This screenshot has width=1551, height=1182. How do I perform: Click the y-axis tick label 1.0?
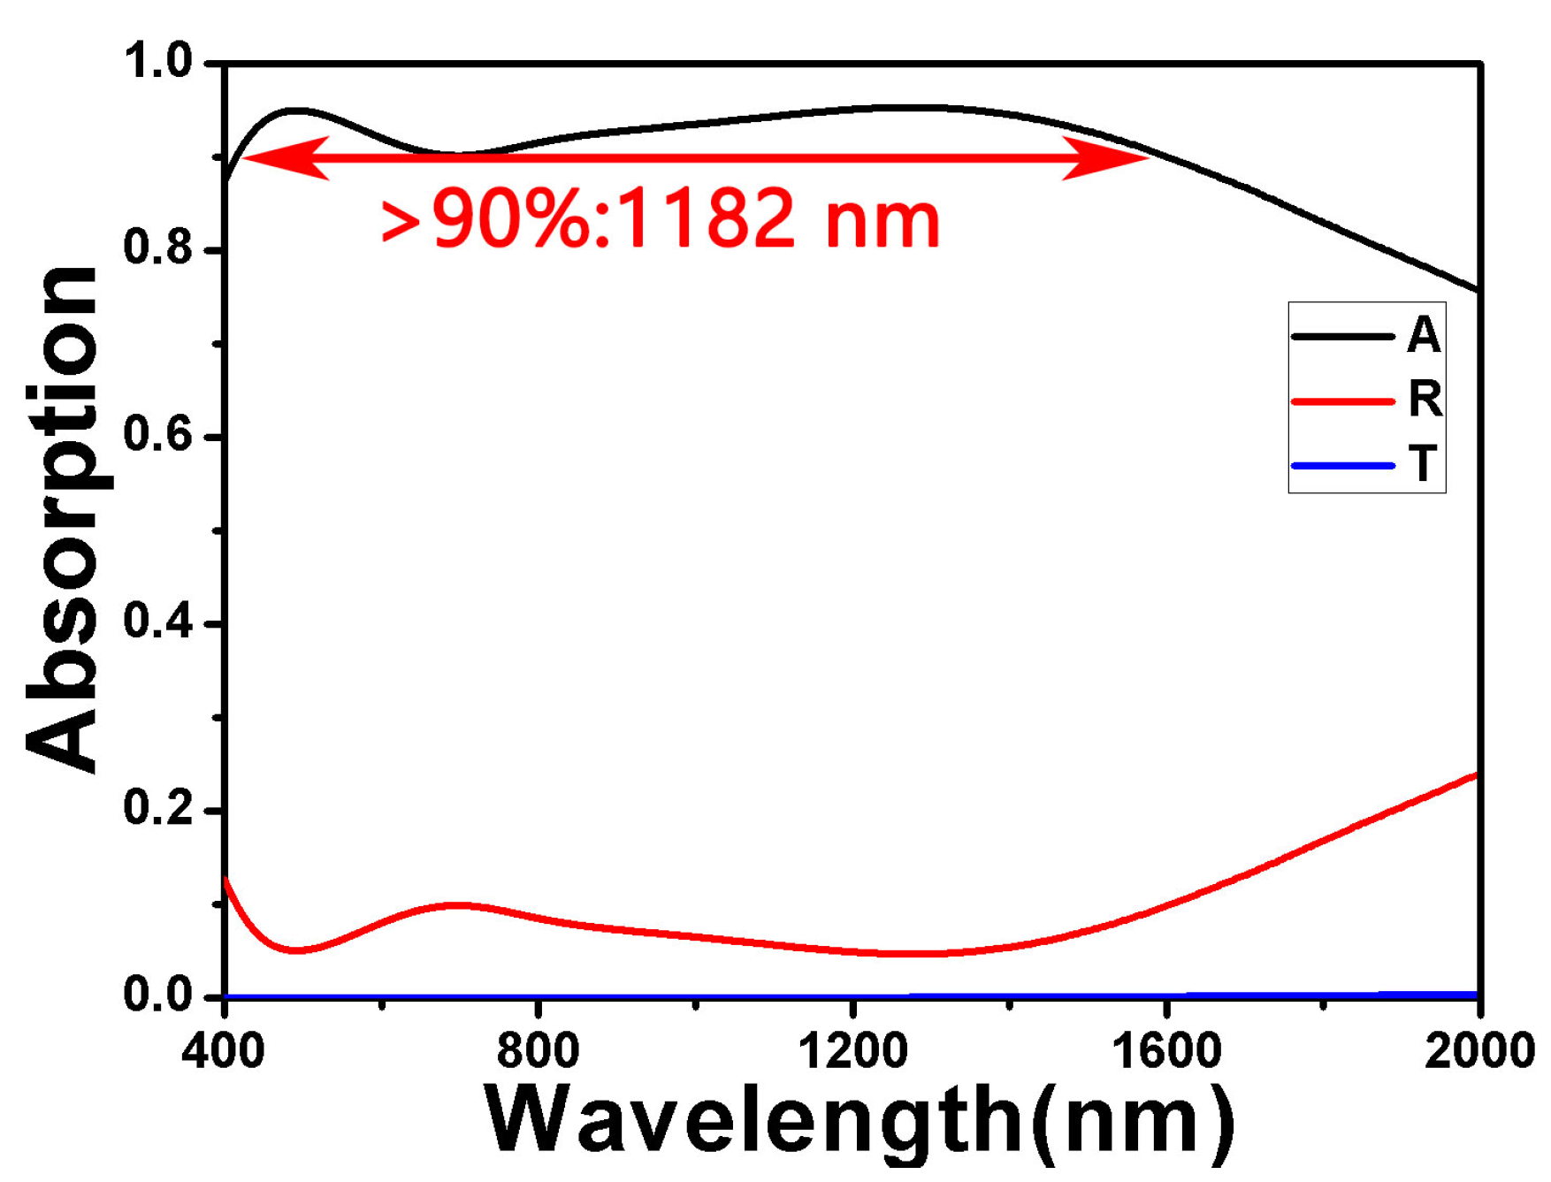pyautogui.click(x=158, y=63)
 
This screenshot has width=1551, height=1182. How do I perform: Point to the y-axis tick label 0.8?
pyautogui.click(x=158, y=249)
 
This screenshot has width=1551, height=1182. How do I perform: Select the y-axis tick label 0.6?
pyautogui.click(x=158, y=436)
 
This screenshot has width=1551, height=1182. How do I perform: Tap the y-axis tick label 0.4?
pyautogui.click(x=158, y=622)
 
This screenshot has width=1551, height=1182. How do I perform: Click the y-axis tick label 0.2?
pyautogui.click(x=158, y=809)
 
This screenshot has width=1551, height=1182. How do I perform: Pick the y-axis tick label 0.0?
pyautogui.click(x=158, y=995)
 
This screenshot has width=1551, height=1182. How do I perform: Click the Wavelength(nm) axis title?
pyautogui.click(x=860, y=1121)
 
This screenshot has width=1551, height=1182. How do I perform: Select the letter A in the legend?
pyautogui.click(x=1424, y=336)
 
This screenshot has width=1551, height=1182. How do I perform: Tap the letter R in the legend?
pyautogui.click(x=1425, y=400)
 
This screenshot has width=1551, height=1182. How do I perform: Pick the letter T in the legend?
pyautogui.click(x=1423, y=465)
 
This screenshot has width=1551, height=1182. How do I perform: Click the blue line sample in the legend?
pyautogui.click(x=1342, y=466)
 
